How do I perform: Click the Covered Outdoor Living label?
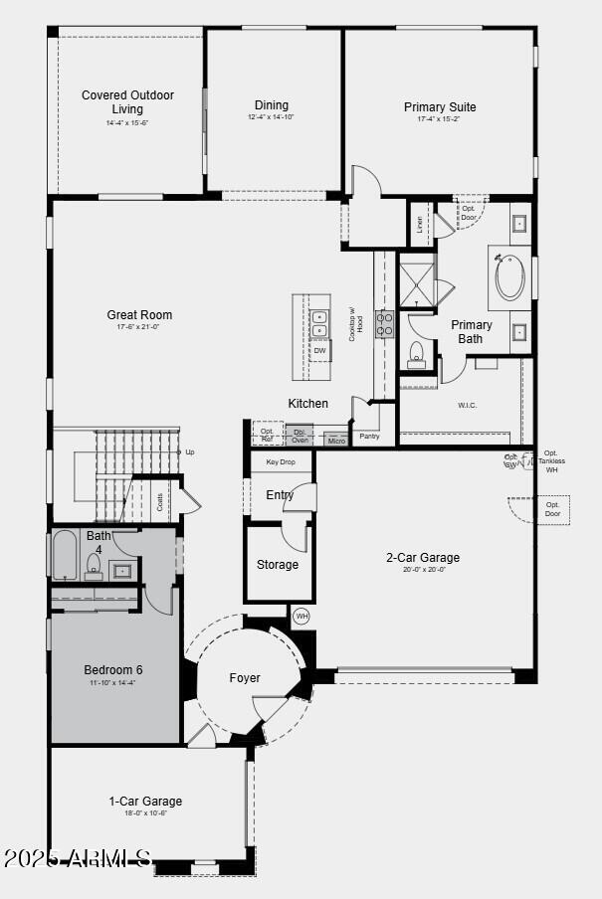coord(127,102)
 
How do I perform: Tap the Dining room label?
coord(271,105)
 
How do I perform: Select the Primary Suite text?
coord(440,107)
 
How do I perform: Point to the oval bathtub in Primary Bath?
coord(510,279)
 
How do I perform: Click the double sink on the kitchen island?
coord(320,324)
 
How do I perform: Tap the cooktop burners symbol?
coord(385,324)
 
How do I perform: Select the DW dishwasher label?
coord(319,351)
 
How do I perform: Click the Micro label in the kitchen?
coord(336,441)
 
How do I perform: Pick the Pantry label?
coord(369,436)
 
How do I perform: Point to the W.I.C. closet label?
coord(468,405)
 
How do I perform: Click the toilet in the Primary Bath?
coord(417,355)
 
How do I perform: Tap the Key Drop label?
coord(280,462)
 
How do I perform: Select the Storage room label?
coord(278,565)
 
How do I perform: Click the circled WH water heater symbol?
coord(301,617)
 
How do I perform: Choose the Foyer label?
coord(245,678)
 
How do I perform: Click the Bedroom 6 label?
coord(112,670)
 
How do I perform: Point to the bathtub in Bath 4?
coord(65,555)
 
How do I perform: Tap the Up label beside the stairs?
coord(190,451)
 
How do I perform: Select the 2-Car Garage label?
coord(423,558)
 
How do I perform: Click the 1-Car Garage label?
coord(145,801)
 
